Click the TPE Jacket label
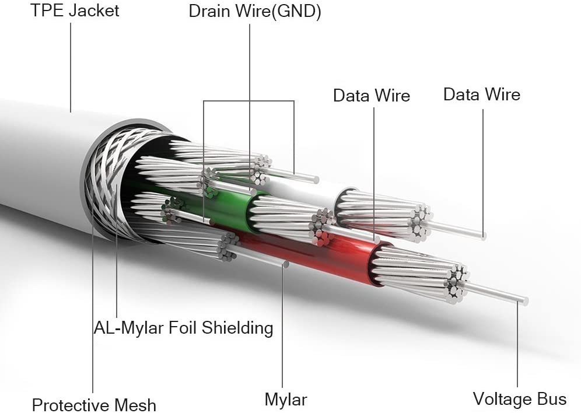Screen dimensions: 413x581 click(x=75, y=10)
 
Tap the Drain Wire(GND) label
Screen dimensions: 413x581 click(x=255, y=12)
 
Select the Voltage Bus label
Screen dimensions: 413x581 click(x=519, y=399)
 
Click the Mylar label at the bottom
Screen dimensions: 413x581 click(x=285, y=400)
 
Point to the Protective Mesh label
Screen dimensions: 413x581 click(x=94, y=405)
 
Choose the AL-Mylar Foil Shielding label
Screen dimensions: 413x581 click(x=183, y=328)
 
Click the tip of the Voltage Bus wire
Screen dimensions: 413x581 click(x=524, y=301)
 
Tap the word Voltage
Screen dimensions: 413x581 click(x=502, y=399)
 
